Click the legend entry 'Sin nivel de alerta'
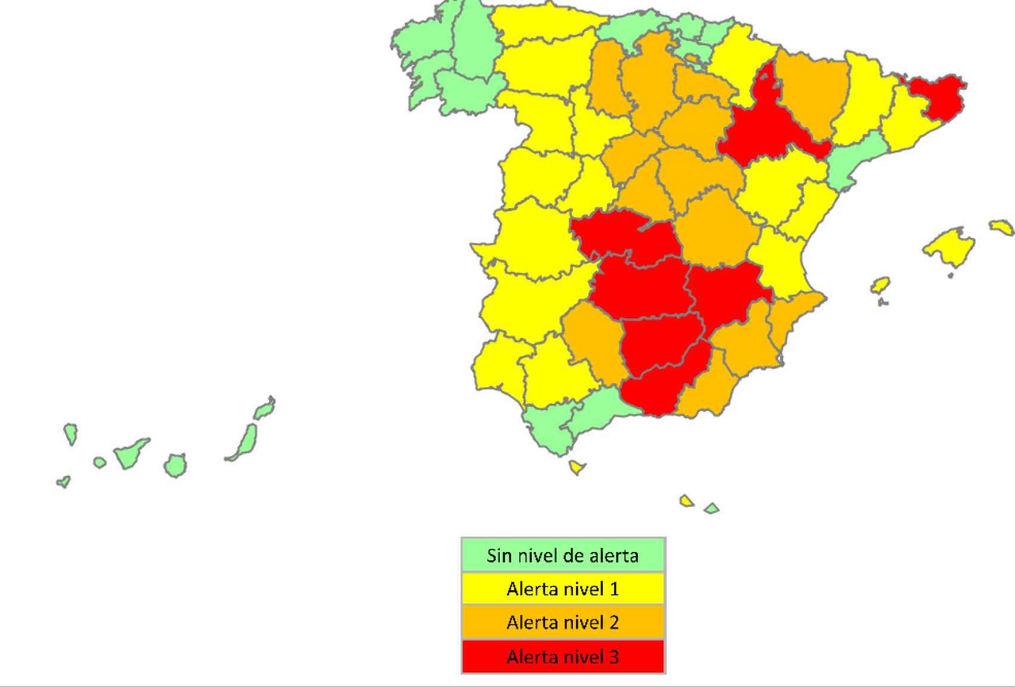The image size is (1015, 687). coord(563,556)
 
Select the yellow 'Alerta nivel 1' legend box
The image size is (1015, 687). coord(563,589)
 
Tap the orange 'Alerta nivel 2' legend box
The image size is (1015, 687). coord(563,623)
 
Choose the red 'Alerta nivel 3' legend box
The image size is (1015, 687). coord(563,657)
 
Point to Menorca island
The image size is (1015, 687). coord(1002,227)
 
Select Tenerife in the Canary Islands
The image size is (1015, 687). coord(131,454)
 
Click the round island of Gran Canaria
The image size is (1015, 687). coord(175,465)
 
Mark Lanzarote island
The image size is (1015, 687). coord(264,409)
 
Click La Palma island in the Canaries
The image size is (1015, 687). coord(70,433)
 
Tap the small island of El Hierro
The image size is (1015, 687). coord(64,481)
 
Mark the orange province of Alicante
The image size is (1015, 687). coord(791,327)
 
